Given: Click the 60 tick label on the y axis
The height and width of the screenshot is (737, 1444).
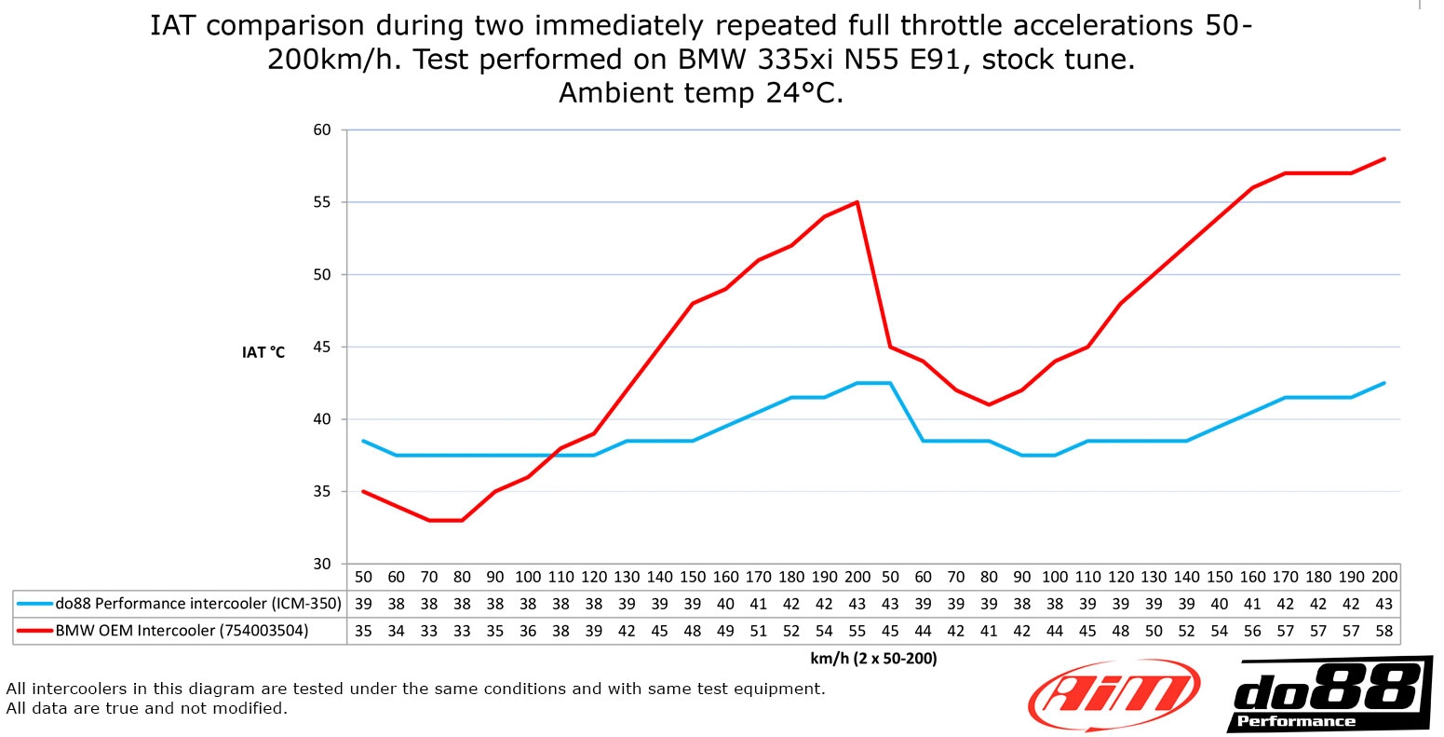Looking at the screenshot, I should point(321,130).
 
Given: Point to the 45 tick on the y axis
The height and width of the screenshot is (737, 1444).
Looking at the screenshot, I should point(321,347).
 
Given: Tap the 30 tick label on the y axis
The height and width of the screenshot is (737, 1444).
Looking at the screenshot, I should point(321,564).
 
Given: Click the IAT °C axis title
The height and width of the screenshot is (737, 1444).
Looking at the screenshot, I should point(263,352).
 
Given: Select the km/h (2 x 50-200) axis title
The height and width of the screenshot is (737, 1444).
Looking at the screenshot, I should point(873,659).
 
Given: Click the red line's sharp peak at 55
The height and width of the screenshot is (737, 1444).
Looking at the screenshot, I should point(857,201).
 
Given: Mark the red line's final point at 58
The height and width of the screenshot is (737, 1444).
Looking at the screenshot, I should point(1384,158).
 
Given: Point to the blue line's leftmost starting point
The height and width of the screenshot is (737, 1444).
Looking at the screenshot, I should point(363,441).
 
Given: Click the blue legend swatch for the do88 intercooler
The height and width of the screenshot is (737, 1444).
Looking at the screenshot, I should point(34,604).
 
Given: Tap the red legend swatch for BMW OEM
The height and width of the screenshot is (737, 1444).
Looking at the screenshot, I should point(34,631).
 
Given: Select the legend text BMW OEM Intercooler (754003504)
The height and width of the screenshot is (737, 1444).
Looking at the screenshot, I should point(182,631).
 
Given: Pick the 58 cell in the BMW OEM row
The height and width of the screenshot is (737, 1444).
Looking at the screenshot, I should point(1384,631).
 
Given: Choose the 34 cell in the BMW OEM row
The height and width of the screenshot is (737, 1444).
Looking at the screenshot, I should point(397,631).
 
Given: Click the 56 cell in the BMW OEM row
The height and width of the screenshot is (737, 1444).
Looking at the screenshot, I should point(1252,631).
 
